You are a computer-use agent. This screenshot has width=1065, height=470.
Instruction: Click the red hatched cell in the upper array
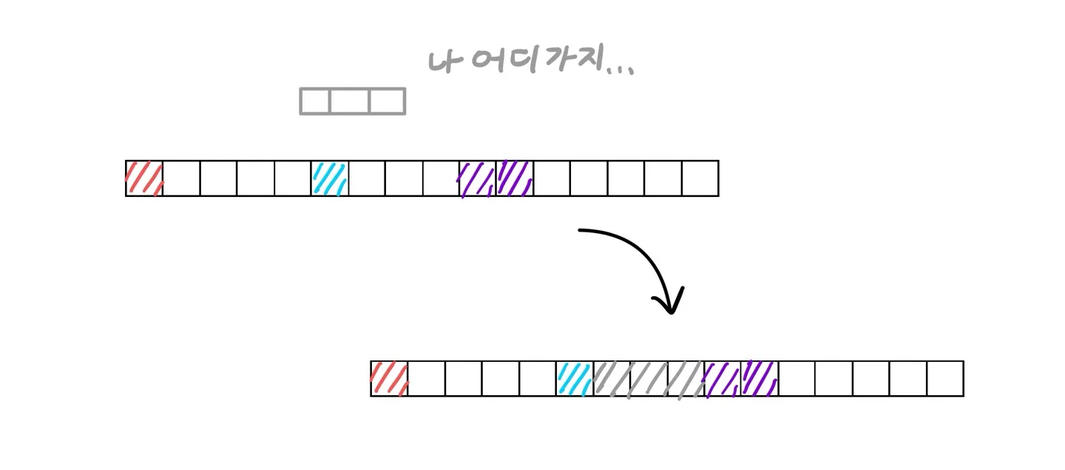tap(144, 178)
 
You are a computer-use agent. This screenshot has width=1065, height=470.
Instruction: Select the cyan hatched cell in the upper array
tap(330, 178)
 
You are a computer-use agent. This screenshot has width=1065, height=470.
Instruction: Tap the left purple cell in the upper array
tap(478, 178)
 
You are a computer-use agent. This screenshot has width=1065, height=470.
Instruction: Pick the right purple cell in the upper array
tap(515, 178)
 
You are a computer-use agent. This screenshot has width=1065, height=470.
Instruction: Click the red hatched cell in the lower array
tap(389, 379)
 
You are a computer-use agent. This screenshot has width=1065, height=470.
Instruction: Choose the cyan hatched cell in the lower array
tap(575, 379)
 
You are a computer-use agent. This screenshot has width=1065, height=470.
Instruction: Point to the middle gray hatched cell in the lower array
tap(649, 379)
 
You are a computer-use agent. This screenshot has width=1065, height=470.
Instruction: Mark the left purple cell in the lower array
tap(723, 379)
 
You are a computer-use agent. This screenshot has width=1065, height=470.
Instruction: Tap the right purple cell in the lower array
tap(760, 379)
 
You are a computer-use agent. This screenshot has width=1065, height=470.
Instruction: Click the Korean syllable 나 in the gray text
tap(442, 61)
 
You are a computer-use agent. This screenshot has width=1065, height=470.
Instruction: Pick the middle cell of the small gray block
tap(349, 101)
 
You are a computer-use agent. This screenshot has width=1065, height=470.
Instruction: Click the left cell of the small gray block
tap(315, 101)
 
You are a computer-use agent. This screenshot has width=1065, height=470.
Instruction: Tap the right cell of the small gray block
tap(387, 101)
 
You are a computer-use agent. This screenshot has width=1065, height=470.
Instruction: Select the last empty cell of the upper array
tap(700, 178)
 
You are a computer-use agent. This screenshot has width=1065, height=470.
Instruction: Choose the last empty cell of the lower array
tap(945, 379)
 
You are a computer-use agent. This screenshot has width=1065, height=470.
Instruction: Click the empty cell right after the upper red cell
tap(181, 178)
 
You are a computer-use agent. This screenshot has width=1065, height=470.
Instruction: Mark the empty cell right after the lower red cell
tap(426, 379)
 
